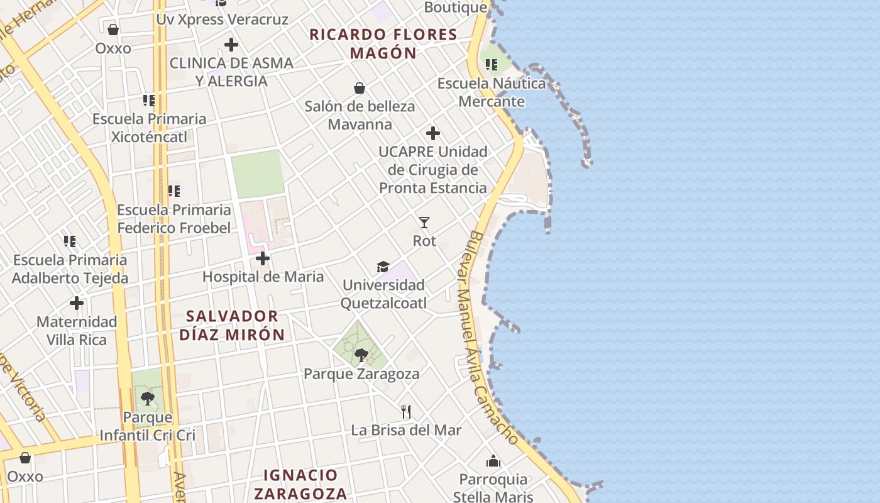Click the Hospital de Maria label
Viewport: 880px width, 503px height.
263,277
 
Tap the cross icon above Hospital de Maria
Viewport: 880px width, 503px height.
263,258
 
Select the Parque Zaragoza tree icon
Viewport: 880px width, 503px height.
361,355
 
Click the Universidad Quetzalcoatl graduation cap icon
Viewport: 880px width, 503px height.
383,267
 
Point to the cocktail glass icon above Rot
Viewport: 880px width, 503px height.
424,222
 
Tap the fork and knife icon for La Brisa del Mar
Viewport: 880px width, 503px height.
406,412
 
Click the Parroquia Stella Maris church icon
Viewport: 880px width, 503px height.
493,461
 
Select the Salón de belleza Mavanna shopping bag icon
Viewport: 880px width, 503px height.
360,88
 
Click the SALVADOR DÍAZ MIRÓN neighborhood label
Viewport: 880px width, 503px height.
232,325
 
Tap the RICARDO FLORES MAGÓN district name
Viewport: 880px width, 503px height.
383,43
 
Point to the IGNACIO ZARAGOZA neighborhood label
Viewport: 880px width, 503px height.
300,484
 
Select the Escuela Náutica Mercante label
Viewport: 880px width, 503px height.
492,92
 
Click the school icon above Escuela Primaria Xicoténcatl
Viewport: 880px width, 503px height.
148,101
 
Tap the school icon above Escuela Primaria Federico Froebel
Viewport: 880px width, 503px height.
173,191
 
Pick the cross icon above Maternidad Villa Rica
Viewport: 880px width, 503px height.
77,304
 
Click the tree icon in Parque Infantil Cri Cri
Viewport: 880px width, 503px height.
148,398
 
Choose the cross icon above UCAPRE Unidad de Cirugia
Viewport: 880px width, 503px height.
433,133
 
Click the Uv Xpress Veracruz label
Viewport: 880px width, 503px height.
222,19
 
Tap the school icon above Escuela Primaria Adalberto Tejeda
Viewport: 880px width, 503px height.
70,241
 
